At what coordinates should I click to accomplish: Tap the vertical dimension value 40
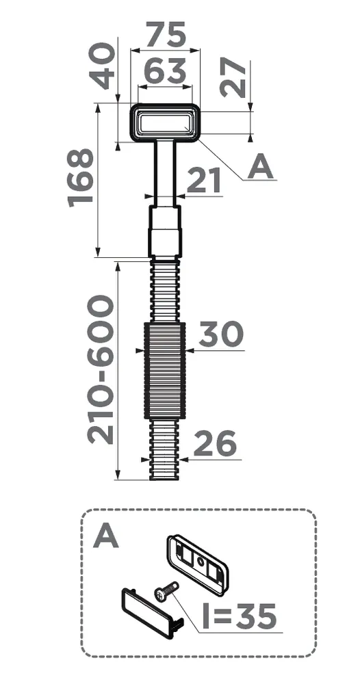click(x=102, y=66)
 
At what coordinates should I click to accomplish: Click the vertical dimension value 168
click(x=80, y=176)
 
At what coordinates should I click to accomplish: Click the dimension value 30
click(x=220, y=334)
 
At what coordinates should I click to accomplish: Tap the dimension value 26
click(x=215, y=444)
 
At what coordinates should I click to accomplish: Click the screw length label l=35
click(x=239, y=616)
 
